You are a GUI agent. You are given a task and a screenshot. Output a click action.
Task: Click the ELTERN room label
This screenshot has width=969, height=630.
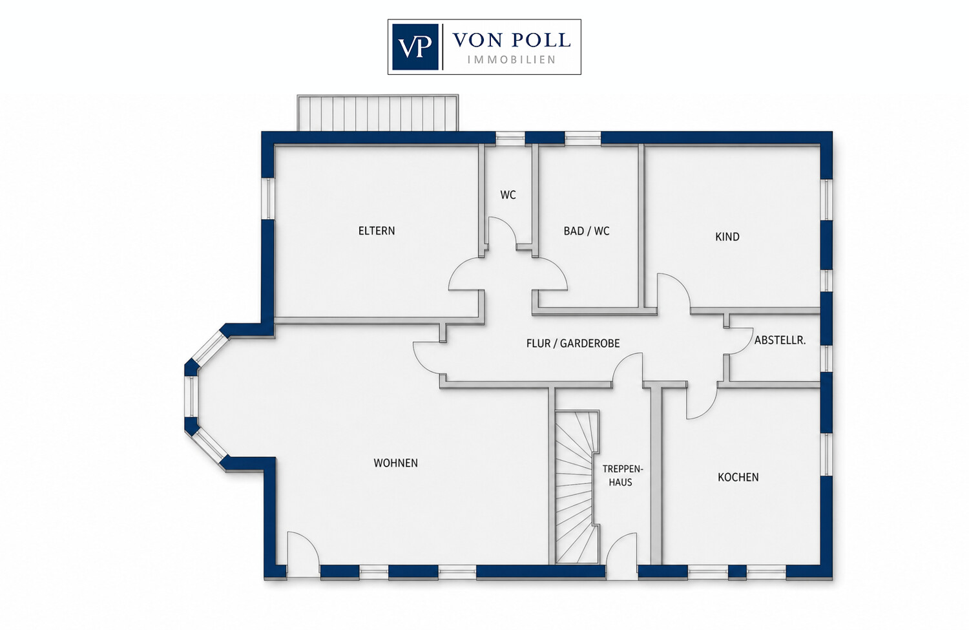(x=377, y=231)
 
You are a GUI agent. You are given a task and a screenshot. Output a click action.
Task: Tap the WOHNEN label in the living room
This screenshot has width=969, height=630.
(x=395, y=463)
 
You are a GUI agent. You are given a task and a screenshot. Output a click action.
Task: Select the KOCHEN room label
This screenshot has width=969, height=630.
(x=738, y=478)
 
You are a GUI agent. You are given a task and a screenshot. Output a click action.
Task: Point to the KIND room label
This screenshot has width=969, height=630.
(x=727, y=236)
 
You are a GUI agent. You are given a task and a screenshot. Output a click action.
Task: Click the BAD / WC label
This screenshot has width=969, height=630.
(x=586, y=231)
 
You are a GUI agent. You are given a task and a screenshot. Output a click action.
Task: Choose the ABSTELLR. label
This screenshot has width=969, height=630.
(x=780, y=340)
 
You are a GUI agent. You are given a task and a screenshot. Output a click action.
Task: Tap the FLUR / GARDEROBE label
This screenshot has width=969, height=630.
(x=573, y=343)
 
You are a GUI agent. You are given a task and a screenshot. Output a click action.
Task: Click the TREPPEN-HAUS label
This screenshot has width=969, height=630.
(x=623, y=476)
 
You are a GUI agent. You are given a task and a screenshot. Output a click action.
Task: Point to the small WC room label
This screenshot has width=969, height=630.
(x=508, y=194)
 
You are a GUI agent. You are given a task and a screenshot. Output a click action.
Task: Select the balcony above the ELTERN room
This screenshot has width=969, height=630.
(x=377, y=112)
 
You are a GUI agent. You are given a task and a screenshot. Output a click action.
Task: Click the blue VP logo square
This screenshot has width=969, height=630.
(x=415, y=47)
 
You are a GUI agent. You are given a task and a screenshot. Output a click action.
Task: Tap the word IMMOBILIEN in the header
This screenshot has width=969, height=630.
(x=512, y=59)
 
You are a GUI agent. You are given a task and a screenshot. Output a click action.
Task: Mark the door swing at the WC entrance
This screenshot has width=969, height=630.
(x=503, y=232)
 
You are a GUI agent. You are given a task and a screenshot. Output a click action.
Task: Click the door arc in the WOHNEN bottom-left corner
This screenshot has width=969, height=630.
(x=303, y=548)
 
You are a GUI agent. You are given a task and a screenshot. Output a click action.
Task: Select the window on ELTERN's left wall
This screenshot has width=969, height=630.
(x=268, y=198)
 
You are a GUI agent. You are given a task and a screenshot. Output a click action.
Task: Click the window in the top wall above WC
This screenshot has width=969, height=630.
(x=510, y=138)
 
